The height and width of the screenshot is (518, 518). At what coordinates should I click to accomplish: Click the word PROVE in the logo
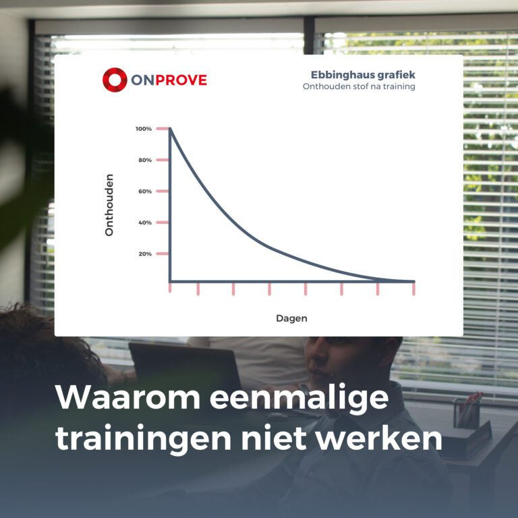pos(181,80)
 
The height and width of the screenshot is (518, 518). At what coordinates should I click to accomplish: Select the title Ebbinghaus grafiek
pos(363,75)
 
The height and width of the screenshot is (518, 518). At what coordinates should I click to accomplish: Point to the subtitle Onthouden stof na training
pos(359,86)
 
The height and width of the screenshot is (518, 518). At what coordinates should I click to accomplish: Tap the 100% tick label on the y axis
pos(144,129)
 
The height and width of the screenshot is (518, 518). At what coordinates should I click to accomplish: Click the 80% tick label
pos(145,160)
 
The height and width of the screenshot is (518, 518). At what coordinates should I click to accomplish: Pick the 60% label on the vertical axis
pos(145,192)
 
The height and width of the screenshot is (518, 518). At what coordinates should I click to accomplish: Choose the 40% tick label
pos(145,223)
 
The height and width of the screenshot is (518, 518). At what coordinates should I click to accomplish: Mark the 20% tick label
pos(145,254)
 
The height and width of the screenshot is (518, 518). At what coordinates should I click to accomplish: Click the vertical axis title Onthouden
pos(109,205)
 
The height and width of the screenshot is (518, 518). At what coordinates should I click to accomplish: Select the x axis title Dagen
pos(291,318)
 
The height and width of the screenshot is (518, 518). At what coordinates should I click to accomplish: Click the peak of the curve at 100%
pos(170,129)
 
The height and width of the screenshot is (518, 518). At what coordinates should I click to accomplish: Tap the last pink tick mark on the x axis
pos(413,289)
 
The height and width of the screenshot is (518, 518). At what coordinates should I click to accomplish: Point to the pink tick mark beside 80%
pos(162,160)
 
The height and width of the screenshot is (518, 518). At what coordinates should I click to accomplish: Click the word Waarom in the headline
pos(128,397)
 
